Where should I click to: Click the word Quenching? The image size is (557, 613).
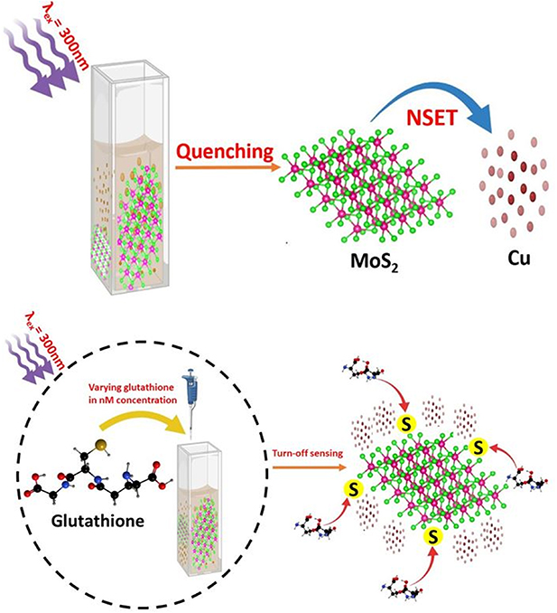(x=225, y=152)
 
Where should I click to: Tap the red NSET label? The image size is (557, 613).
(x=431, y=118)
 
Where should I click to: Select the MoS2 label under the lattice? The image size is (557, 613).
(x=375, y=261)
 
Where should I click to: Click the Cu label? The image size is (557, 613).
(x=519, y=258)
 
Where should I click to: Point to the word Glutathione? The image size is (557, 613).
(x=98, y=521)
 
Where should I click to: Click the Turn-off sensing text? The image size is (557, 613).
(x=308, y=454)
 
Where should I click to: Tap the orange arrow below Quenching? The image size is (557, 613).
(x=228, y=167)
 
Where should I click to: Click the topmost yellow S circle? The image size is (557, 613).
(x=407, y=425)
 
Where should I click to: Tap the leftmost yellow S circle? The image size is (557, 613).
(x=354, y=489)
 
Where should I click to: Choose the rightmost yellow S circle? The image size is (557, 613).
(x=478, y=447)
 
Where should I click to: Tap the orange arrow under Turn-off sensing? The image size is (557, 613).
(x=309, y=467)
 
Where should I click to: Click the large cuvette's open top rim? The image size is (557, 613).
(x=130, y=73)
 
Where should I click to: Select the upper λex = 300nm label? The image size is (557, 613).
(x=62, y=38)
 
